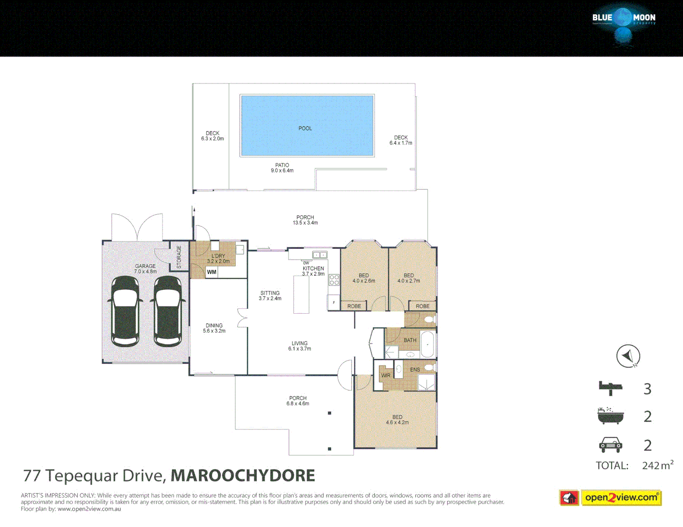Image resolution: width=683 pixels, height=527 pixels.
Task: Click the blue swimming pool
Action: coord(307,125)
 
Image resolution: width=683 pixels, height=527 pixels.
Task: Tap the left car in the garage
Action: coord(125,311)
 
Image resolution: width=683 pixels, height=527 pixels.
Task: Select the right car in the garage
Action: coord(167,311)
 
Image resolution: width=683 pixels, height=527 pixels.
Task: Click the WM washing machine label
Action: coord(211,272)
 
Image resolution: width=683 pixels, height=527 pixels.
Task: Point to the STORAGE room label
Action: coord(179,257)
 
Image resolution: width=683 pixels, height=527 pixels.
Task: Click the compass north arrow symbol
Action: coord(628,356)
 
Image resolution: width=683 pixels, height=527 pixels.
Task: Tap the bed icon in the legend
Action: coord(610,388)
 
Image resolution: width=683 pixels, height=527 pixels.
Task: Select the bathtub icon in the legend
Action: coord(610,416)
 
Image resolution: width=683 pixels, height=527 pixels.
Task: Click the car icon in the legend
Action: coord(610,445)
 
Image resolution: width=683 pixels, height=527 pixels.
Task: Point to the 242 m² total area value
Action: coord(657,465)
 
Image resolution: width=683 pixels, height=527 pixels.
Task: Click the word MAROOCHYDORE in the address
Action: coord(243,475)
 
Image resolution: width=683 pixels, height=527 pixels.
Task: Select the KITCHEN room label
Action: coord(313,268)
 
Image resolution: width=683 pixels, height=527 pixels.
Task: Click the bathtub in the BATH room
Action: coord(428,345)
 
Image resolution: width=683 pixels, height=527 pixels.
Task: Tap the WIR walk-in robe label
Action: coord(386,375)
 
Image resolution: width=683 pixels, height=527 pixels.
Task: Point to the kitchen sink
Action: coord(320,255)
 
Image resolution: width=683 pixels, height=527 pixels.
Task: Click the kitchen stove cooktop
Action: coord(334,280)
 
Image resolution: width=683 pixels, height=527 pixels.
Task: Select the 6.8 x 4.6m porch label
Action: coord(298,401)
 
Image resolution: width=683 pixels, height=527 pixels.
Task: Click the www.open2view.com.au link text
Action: coord(89,509)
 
